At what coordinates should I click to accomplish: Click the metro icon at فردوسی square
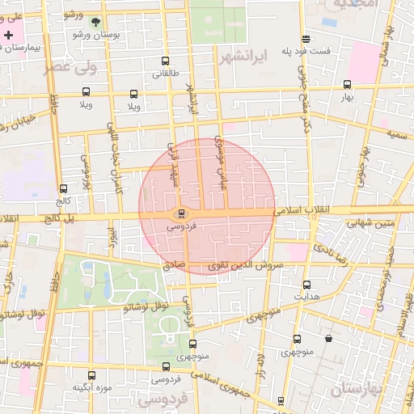181,214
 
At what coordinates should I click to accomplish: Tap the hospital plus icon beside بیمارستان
9,36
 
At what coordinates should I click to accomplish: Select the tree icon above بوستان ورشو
97,22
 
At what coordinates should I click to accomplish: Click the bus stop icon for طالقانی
166,61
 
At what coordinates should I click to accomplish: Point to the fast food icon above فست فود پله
306,39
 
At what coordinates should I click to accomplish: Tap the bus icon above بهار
348,84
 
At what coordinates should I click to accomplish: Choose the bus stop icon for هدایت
306,285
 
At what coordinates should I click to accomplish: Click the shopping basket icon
328,339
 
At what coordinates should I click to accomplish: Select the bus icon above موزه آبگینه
91,375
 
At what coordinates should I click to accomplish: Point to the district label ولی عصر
71,67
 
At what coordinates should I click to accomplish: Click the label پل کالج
58,219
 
